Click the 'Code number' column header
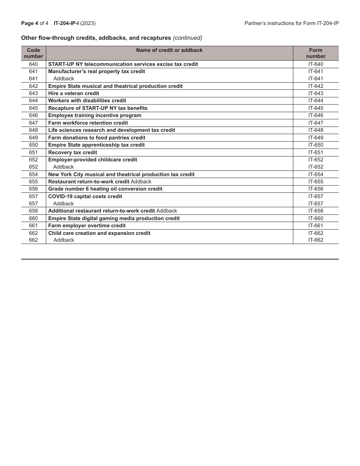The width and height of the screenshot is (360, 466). [x=33, y=53]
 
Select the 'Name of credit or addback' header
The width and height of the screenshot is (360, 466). [x=169, y=50]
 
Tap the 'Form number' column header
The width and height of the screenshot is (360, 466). [x=316, y=53]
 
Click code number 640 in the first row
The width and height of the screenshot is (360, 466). [x=33, y=64]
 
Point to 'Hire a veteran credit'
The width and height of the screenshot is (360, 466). [x=74, y=93]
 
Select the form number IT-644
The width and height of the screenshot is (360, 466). [x=316, y=101]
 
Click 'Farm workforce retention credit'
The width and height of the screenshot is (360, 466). [x=88, y=123]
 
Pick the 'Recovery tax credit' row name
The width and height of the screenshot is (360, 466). [x=72, y=152]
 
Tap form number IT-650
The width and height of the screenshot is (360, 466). [x=316, y=145]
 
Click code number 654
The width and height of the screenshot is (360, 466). [x=33, y=174]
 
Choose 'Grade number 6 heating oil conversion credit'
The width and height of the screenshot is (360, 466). [x=105, y=189]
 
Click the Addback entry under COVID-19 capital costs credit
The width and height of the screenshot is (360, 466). [x=63, y=203]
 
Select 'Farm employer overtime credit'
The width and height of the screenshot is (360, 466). [x=87, y=225]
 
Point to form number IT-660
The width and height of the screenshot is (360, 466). [x=316, y=218]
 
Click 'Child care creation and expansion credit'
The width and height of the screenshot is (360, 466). [x=99, y=233]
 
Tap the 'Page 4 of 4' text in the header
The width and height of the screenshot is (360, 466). [x=35, y=23]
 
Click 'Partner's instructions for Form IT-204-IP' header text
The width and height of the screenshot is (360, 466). [x=291, y=23]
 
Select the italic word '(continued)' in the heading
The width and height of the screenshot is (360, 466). [x=188, y=38]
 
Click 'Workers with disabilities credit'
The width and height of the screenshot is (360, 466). [x=87, y=101]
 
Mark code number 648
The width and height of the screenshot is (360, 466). [x=33, y=130]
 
